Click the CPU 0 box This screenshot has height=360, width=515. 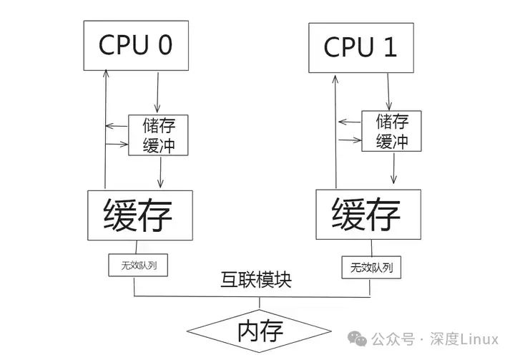point(135,45)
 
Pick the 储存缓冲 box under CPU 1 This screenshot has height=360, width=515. point(391,132)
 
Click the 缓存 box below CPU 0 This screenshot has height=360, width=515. point(139,215)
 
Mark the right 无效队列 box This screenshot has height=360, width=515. point(371,268)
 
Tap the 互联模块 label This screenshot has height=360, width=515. point(255,281)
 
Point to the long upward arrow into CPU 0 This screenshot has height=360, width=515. point(105,129)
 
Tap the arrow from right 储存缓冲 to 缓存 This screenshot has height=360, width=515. point(393,169)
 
